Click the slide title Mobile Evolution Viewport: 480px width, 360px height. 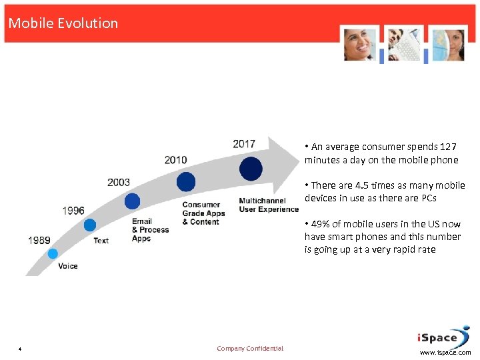(x=63, y=23)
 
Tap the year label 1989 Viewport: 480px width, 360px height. (x=39, y=240)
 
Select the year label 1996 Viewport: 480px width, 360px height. (x=73, y=211)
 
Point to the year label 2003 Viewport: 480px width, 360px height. (x=119, y=182)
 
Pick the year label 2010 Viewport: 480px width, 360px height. (x=176, y=160)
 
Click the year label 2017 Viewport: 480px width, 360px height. (x=244, y=144)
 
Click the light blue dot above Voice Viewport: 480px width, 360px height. (x=53, y=253)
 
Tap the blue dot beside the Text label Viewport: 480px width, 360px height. (x=90, y=225)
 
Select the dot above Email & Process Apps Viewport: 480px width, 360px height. (x=132, y=201)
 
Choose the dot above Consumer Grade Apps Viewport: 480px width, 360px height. (x=186, y=181)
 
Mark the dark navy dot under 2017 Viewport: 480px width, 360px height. (x=251, y=169)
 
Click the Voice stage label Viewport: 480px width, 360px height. (x=68, y=266)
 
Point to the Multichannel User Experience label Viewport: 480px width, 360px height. (x=269, y=205)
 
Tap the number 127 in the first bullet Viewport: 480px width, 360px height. (x=448, y=147)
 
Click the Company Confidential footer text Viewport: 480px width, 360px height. (x=250, y=349)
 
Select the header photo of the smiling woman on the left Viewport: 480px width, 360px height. (x=360, y=45)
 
